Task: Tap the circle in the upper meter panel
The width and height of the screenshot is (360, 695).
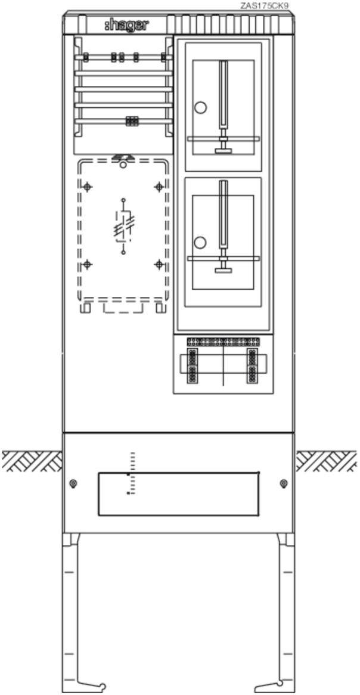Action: click(201, 107)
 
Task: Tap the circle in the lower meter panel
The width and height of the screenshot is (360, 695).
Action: click(201, 243)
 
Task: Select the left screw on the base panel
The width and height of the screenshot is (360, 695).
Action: click(73, 483)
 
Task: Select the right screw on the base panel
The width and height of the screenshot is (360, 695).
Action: click(284, 483)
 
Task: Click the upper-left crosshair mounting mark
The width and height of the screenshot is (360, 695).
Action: click(88, 187)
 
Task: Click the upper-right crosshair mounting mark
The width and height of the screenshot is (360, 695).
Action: click(159, 187)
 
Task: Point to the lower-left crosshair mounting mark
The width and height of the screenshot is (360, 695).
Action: click(88, 265)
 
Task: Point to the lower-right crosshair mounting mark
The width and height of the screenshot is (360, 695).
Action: click(159, 265)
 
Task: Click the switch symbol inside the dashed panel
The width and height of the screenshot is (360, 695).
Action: click(124, 226)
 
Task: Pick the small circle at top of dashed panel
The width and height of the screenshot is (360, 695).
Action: click(123, 165)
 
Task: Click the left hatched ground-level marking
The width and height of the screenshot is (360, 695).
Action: click(32, 461)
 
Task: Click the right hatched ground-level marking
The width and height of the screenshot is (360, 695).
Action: click(327, 461)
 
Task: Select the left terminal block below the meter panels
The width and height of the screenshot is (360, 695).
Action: click(193, 365)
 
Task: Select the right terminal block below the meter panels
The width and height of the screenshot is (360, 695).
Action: click(252, 365)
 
